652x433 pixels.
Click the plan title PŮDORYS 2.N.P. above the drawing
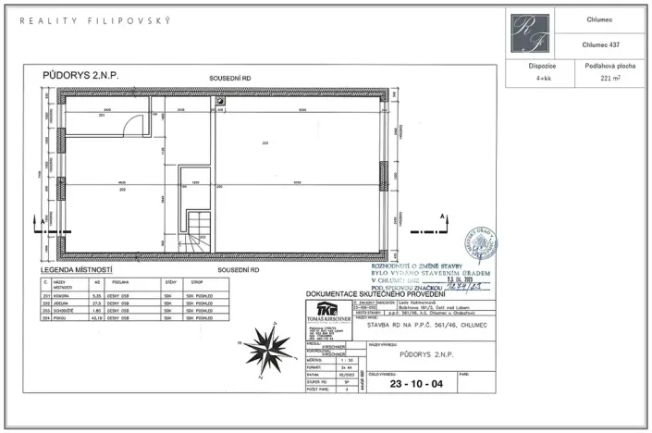[x=81, y=74]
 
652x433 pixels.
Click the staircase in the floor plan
[x=197, y=232]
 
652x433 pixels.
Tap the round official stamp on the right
[x=482, y=244]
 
